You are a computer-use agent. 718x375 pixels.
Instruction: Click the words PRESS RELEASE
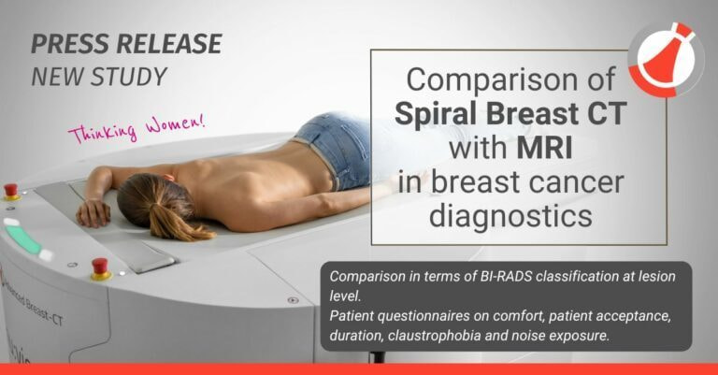tap(126, 44)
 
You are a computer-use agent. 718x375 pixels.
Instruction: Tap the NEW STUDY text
tap(100, 77)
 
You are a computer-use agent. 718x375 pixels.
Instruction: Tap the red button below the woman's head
tap(99, 267)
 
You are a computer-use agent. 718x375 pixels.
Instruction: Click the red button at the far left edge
tap(11, 191)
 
